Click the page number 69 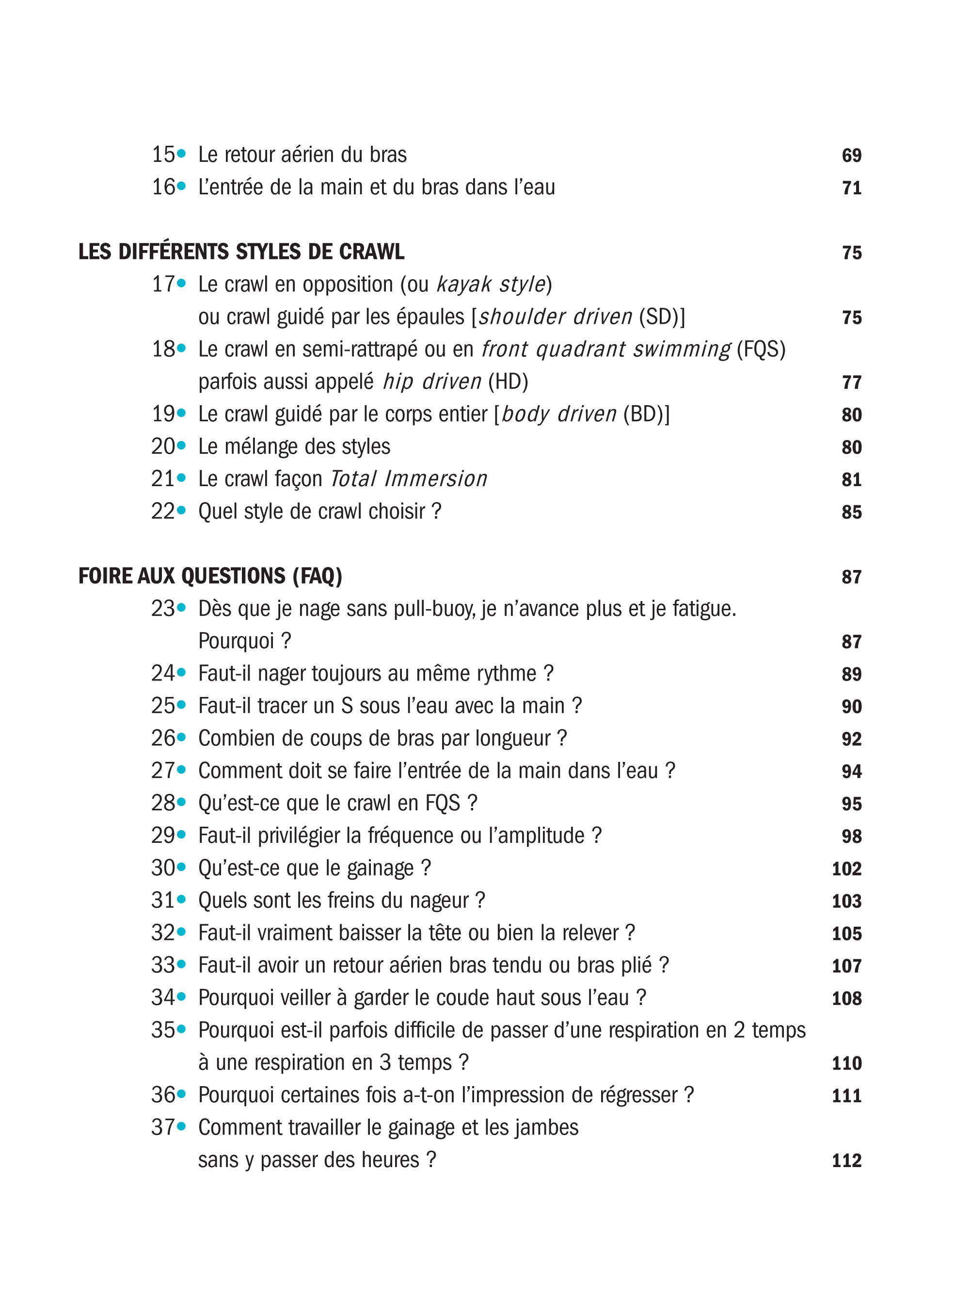[x=851, y=156]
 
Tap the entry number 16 [x=162, y=188]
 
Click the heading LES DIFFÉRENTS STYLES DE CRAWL [x=241, y=252]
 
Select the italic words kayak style [x=491, y=285]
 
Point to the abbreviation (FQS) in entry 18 [x=761, y=349]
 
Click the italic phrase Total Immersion [x=408, y=479]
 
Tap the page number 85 [x=851, y=512]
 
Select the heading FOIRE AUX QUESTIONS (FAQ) [x=210, y=577]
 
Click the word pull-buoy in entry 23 [x=434, y=609]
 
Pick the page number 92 [x=851, y=739]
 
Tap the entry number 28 [x=162, y=803]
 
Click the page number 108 [x=846, y=998]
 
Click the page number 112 [x=846, y=1160]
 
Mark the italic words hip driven [x=431, y=382]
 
